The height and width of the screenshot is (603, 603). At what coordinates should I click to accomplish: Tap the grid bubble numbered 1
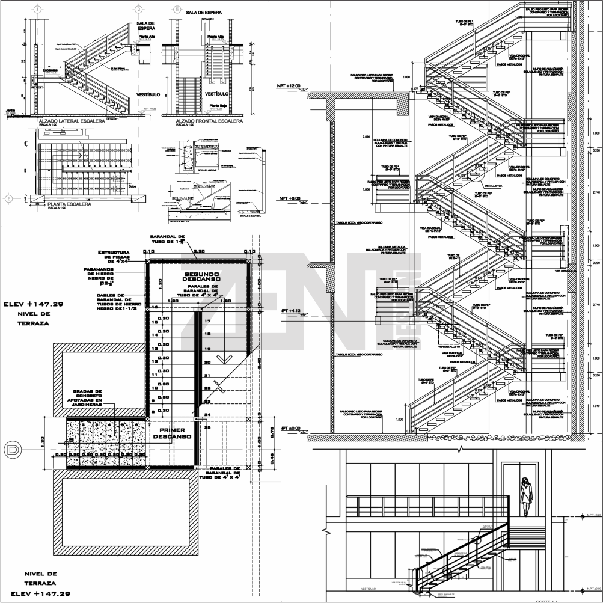click(x=38, y=10)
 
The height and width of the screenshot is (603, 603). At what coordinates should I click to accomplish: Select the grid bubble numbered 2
click(x=139, y=10)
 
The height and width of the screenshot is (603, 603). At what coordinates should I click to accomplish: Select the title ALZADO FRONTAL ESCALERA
click(x=209, y=121)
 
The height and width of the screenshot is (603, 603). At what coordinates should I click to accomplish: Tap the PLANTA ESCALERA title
click(x=69, y=204)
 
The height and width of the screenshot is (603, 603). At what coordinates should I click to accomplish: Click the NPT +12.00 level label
click(x=288, y=86)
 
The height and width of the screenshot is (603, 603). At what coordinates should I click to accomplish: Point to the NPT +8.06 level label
click(x=288, y=198)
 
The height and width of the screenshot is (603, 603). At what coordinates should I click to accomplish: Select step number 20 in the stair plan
click(x=207, y=363)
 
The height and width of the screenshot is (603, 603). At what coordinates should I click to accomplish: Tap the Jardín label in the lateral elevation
click(x=10, y=111)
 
